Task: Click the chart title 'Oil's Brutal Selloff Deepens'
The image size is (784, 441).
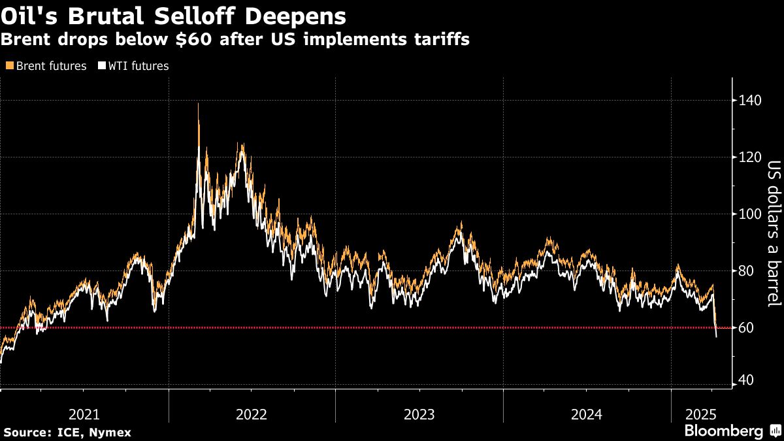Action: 174,14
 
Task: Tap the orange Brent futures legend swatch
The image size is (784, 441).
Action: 8,66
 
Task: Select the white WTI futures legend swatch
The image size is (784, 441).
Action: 102,66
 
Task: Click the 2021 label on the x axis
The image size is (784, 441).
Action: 84,414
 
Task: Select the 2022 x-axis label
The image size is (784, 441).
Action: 252,414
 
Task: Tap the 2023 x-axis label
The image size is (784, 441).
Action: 419,414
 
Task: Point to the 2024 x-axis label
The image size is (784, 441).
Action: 587,414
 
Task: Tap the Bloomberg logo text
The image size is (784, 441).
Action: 723,431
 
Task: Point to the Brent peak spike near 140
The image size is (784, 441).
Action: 198,105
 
